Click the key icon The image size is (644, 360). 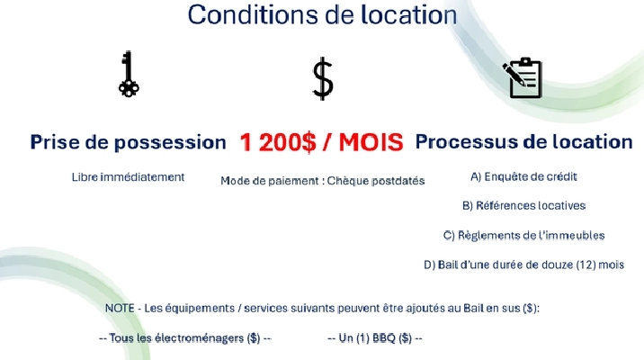point(129,75)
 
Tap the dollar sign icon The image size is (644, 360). point(322,78)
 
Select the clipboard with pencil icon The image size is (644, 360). point(523,77)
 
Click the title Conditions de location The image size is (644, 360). point(321,14)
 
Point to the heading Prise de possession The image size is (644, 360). point(128,142)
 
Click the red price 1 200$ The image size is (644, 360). point(277,142)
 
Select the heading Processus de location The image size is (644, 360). point(523,141)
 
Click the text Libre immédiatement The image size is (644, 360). point(128,176)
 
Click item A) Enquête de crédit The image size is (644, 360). point(523,176)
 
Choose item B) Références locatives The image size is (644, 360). point(523,205)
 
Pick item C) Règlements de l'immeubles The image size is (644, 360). point(523,235)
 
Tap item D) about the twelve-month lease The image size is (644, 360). point(523,265)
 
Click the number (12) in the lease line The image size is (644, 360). point(577,265)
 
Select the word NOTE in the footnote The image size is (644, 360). point(120,308)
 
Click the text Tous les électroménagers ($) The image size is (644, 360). point(184,337)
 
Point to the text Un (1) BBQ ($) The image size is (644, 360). point(374,337)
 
